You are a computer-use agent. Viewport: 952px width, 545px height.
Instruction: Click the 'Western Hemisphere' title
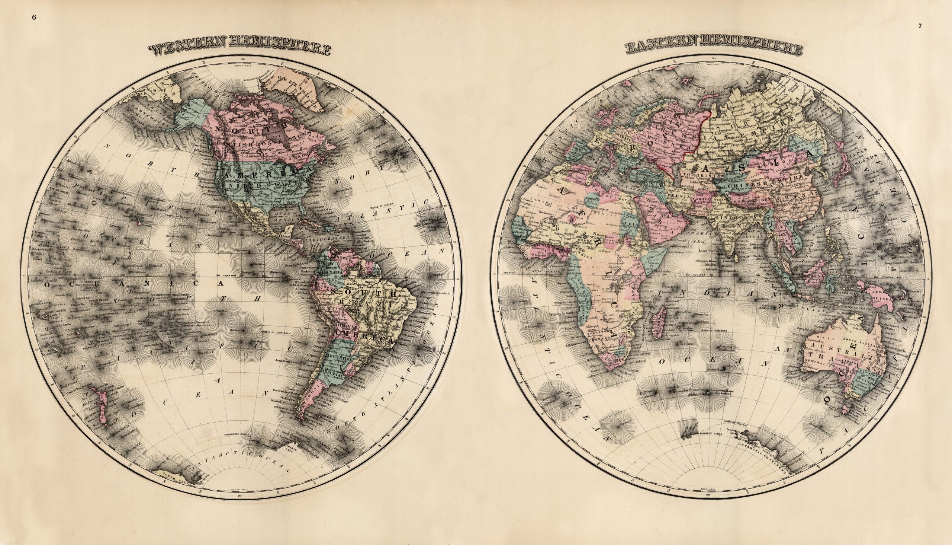point(239,50)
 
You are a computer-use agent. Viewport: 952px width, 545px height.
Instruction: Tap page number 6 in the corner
point(35,17)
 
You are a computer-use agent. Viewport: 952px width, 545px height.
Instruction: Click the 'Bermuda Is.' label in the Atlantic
point(342,189)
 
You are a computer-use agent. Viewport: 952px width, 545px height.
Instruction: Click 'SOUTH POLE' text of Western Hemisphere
point(237,490)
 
